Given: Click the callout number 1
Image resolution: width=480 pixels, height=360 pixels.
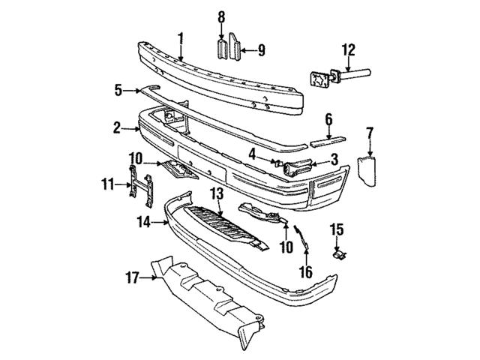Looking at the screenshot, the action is [181, 38].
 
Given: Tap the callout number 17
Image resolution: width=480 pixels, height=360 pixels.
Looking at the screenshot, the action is [133, 278].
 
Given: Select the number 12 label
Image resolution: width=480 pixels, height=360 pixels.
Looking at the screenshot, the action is [349, 50].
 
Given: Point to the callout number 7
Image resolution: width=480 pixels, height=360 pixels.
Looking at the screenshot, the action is [370, 134].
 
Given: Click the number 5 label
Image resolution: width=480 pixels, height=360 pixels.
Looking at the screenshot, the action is [118, 90].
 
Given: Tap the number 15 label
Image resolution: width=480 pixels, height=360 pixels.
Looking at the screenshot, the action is [337, 230].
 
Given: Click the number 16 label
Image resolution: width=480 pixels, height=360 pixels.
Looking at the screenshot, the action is [306, 272].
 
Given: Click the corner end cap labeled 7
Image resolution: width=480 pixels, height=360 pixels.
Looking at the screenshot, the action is [367, 171].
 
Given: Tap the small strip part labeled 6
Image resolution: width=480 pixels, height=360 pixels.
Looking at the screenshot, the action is [328, 141].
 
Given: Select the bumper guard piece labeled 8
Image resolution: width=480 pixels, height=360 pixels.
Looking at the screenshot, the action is [222, 49].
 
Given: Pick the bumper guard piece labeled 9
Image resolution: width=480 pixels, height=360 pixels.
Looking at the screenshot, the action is [235, 46].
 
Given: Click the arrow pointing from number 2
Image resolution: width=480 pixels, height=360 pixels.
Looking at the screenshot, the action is [130, 129].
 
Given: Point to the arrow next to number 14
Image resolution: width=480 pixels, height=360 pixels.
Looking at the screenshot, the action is [160, 222].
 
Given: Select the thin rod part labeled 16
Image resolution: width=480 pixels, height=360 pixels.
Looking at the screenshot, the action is [301, 237].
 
